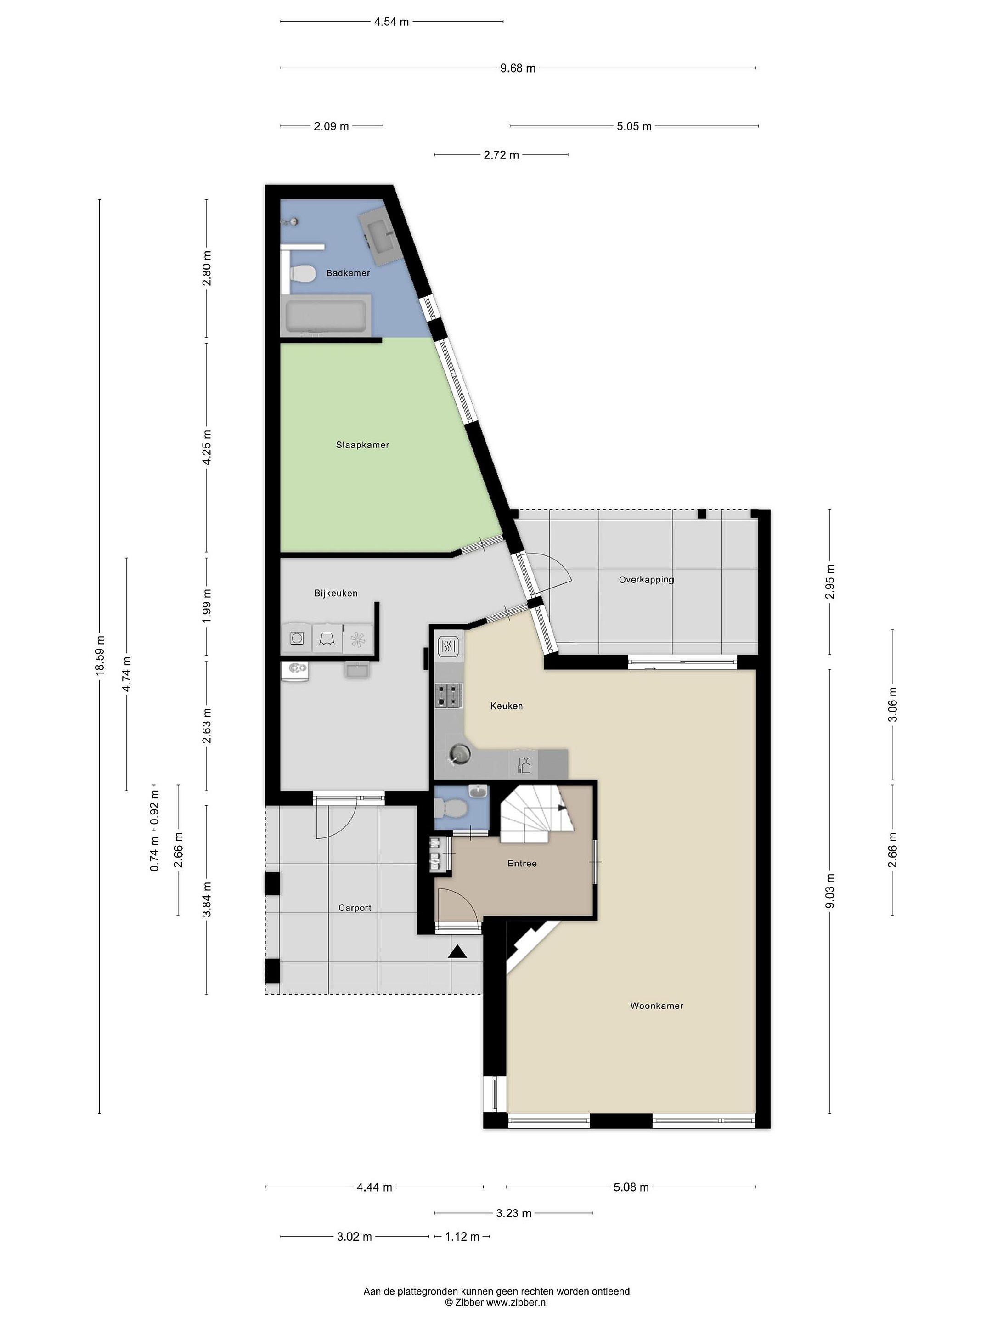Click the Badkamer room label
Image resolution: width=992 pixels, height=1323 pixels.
coord(348,273)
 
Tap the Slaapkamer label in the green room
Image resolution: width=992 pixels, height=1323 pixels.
coord(362,445)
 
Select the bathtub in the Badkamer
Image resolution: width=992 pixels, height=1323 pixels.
coord(327,315)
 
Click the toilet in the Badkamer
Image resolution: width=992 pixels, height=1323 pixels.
coord(302,274)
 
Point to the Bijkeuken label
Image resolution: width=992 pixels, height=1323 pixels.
coord(336,594)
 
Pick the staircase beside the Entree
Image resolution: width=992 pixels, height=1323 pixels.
coord(536,814)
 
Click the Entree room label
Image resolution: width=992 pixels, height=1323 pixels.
coord(522,864)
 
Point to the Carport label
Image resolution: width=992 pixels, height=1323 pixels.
coord(355,908)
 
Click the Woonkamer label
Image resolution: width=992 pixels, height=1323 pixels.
coord(657,1006)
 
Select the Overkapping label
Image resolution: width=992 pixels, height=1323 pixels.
coord(646,580)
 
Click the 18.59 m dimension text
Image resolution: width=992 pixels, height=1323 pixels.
coord(99,655)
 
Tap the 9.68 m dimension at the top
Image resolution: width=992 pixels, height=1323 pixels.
coord(518,68)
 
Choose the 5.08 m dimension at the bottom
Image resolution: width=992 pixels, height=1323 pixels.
coord(631,1187)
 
